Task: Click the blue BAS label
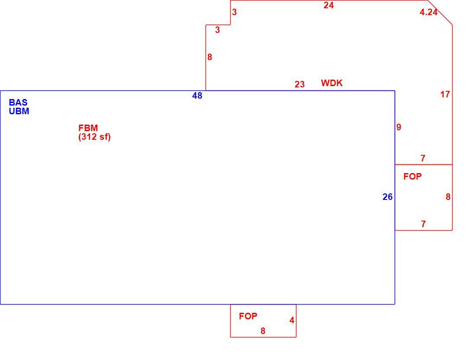(x=18, y=102)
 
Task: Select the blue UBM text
(x=19, y=111)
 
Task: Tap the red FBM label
(x=88, y=128)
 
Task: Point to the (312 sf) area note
(x=94, y=137)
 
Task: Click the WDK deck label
(x=332, y=83)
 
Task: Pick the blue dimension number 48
(x=197, y=96)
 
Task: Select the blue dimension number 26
(x=388, y=197)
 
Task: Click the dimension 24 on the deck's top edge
(x=329, y=5)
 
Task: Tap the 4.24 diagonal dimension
(x=429, y=12)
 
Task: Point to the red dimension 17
(x=445, y=94)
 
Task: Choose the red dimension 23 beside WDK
(x=299, y=84)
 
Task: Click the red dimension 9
(x=399, y=127)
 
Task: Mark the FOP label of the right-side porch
(x=412, y=177)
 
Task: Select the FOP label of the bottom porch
(x=248, y=316)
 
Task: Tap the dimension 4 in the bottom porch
(x=292, y=320)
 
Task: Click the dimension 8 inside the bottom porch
(x=263, y=331)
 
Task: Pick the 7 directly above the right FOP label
(x=423, y=158)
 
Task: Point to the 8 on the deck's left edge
(x=210, y=57)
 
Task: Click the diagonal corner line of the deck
(x=440, y=13)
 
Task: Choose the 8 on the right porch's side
(x=448, y=197)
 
